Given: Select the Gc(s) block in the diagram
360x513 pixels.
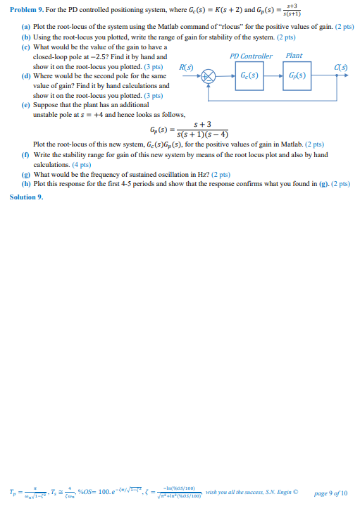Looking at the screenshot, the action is [249, 75].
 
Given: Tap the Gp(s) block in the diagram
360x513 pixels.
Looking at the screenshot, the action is [297, 75].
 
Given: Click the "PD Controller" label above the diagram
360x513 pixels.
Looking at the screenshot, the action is [251, 56].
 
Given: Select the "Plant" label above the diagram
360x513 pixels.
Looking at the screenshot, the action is [294, 56].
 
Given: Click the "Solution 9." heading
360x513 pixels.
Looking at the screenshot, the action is [26, 197].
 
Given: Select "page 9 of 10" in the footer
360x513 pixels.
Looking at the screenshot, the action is [330, 493].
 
